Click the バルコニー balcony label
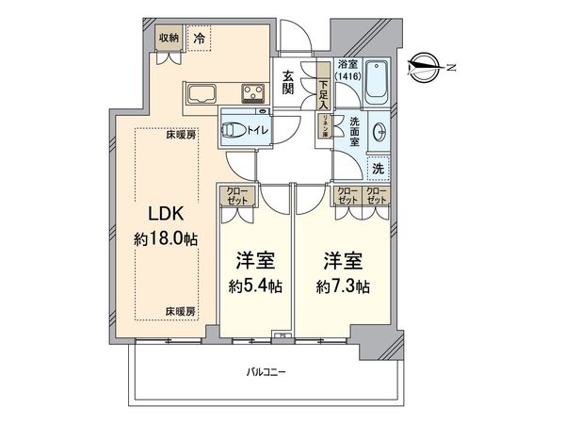(x=266, y=372)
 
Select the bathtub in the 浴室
(x=377, y=82)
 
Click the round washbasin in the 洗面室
(x=380, y=131)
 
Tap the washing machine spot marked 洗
(x=377, y=167)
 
